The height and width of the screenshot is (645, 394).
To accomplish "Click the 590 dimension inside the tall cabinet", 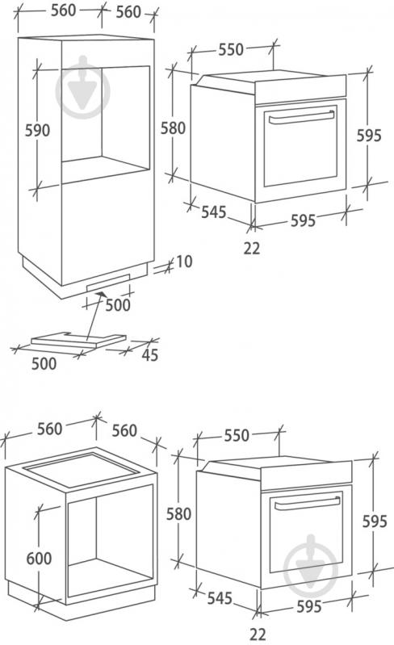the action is coord(37,131).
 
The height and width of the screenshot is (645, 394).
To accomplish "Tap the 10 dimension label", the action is coord(184,262).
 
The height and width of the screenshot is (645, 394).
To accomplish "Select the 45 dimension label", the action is coord(149,354).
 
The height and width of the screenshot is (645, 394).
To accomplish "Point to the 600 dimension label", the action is coord(39,558).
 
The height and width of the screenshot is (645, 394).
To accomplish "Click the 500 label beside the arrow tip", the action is coord(118,305).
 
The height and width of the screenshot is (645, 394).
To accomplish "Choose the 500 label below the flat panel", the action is coord(44,363).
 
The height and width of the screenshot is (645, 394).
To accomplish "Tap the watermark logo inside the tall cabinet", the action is coord(82,87).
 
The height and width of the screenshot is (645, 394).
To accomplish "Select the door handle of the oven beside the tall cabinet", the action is coord(301,117).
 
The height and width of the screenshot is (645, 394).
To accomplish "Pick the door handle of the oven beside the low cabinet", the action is coord(308,504).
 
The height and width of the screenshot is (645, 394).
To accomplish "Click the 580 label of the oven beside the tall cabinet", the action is coord(173,128).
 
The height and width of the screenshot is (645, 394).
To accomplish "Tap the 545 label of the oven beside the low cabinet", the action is coord(220,597).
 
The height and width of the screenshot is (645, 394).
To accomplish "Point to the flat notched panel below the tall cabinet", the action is coord(78,339).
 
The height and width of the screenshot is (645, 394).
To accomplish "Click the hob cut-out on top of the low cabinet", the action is coord(80,470).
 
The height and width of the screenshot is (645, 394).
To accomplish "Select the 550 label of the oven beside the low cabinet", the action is coord(237,435).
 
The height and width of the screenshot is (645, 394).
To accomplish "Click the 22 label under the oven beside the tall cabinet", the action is coord(252,248).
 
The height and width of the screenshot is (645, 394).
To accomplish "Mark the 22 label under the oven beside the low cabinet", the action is coord(258,634).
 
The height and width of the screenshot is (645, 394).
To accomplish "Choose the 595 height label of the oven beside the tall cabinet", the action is coord(369,136).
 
